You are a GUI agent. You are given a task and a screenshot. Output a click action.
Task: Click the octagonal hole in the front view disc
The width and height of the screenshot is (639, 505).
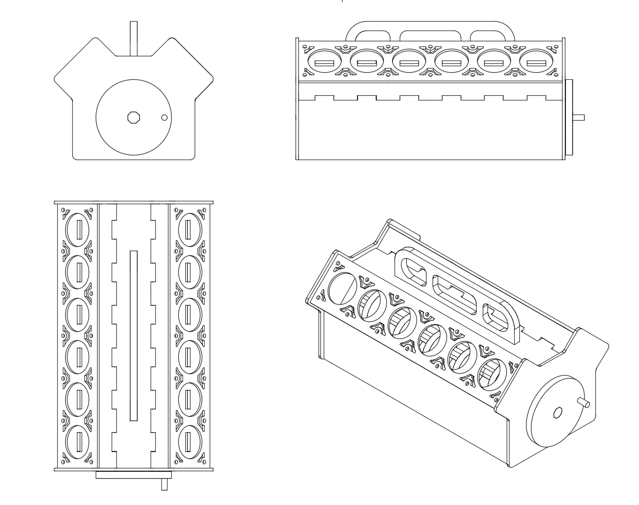click(134, 117)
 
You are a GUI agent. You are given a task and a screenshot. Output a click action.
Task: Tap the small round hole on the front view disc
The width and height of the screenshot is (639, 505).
click(164, 117)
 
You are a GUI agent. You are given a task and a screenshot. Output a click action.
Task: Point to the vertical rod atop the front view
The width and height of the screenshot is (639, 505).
click(134, 38)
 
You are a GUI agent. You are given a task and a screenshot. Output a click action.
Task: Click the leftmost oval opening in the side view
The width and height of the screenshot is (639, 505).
click(324, 63)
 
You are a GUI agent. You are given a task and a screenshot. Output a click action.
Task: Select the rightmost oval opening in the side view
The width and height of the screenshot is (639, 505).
click(536, 63)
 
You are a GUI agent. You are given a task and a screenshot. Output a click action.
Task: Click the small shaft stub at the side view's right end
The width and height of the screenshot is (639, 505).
click(579, 117)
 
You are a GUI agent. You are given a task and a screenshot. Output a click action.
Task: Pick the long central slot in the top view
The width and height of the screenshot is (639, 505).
click(134, 335)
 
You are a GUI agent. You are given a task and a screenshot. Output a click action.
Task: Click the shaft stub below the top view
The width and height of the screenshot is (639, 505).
click(164, 484)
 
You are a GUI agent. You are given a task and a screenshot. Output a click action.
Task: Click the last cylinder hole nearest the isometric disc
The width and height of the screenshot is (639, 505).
click(492, 375)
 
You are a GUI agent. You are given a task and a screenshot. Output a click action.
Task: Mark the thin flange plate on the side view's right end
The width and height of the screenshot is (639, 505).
click(570, 117)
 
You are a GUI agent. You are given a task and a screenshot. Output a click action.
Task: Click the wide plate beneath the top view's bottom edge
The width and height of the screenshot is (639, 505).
click(134, 475)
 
